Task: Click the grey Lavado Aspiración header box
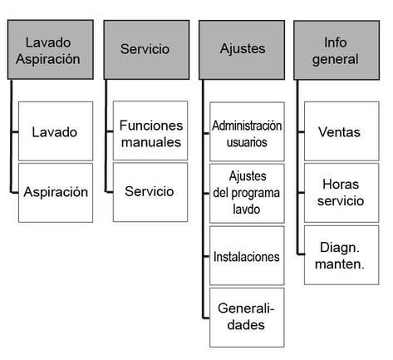click(51, 50)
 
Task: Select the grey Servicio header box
click(146, 50)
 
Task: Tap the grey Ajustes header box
click(242, 50)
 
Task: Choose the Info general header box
click(337, 50)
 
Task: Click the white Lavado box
click(56, 131)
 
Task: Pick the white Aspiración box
click(56, 193)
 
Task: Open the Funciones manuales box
click(150, 131)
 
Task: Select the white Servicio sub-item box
click(150, 192)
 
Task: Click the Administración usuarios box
click(247, 131)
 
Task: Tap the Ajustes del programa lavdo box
click(247, 194)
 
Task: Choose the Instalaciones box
click(247, 255)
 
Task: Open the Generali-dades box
click(247, 318)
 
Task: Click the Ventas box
click(341, 131)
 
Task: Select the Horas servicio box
click(341, 193)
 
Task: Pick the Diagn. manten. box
click(341, 255)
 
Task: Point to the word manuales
click(151, 142)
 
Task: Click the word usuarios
click(247, 142)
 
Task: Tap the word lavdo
click(247, 210)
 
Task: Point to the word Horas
click(341, 185)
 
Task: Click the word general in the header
click(336, 60)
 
